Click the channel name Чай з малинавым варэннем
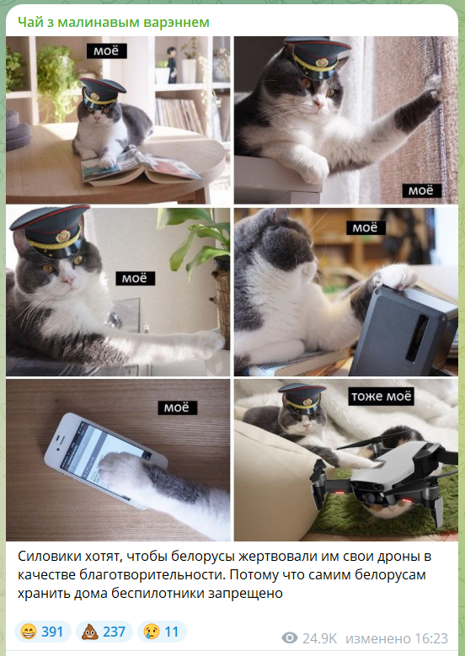tap(114, 22)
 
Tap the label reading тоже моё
tap(382, 396)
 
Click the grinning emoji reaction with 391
tap(42, 632)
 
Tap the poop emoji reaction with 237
tap(104, 632)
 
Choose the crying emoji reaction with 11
tap(162, 632)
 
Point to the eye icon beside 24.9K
tap(290, 638)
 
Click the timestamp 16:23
tap(431, 638)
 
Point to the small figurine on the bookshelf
tap(172, 65)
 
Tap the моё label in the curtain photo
tap(422, 190)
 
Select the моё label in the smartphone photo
tap(178, 408)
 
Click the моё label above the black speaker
tap(366, 227)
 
